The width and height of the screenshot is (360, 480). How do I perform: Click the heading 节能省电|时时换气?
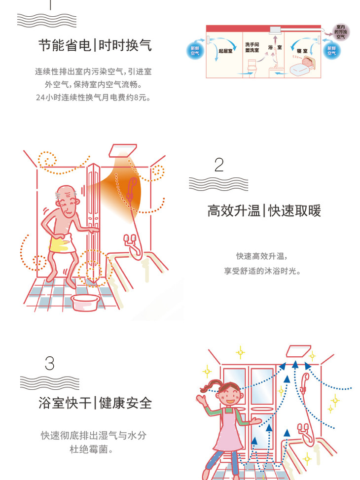click(95, 45)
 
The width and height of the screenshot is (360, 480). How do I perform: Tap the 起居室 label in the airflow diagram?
click(225, 51)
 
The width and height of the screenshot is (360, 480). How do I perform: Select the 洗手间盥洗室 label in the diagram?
click(252, 47)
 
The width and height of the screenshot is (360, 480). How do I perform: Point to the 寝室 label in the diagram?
click(302, 51)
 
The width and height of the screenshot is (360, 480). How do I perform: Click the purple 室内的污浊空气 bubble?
click(341, 32)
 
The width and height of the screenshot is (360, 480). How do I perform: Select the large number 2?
click(219, 165)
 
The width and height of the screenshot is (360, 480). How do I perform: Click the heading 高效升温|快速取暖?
click(264, 211)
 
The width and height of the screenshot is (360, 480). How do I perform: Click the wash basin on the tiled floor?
click(84, 302)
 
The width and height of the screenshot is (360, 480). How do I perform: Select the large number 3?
click(50, 363)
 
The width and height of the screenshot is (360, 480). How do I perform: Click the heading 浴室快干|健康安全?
click(95, 403)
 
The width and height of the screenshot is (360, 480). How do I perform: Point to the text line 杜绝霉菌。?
click(91, 449)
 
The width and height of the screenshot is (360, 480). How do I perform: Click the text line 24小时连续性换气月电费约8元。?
click(93, 98)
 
